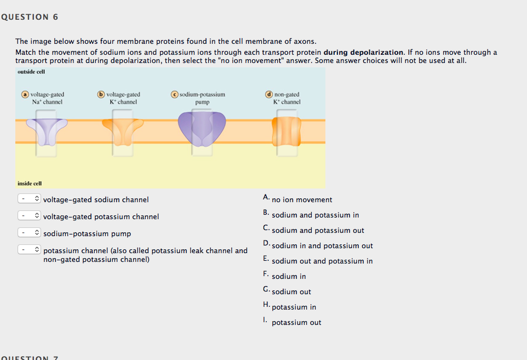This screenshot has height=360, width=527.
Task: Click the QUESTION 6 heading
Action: click(x=30, y=17)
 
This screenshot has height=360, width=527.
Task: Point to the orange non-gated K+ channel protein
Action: click(x=287, y=132)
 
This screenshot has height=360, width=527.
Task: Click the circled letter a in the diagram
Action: click(x=25, y=94)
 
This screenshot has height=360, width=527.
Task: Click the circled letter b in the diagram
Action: click(x=101, y=94)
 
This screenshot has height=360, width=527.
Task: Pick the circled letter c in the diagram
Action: click(x=174, y=94)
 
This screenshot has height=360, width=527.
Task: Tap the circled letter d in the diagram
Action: click(x=269, y=94)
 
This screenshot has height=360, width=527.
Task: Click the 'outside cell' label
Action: click(x=31, y=72)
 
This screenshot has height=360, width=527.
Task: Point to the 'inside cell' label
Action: click(x=30, y=184)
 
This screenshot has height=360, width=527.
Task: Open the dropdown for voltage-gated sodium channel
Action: click(x=29, y=199)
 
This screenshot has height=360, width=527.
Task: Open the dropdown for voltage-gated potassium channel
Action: click(x=29, y=215)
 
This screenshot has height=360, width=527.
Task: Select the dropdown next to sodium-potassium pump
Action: click(x=29, y=233)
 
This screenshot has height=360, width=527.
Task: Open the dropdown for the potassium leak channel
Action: click(x=29, y=249)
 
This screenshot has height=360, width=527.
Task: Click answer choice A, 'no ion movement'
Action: click(x=302, y=199)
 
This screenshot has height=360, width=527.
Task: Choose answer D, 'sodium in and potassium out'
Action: click(x=322, y=245)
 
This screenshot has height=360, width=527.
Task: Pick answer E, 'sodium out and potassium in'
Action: click(x=322, y=261)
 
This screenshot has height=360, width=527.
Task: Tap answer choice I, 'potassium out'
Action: click(x=296, y=323)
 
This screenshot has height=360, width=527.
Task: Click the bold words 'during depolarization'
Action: click(x=363, y=53)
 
